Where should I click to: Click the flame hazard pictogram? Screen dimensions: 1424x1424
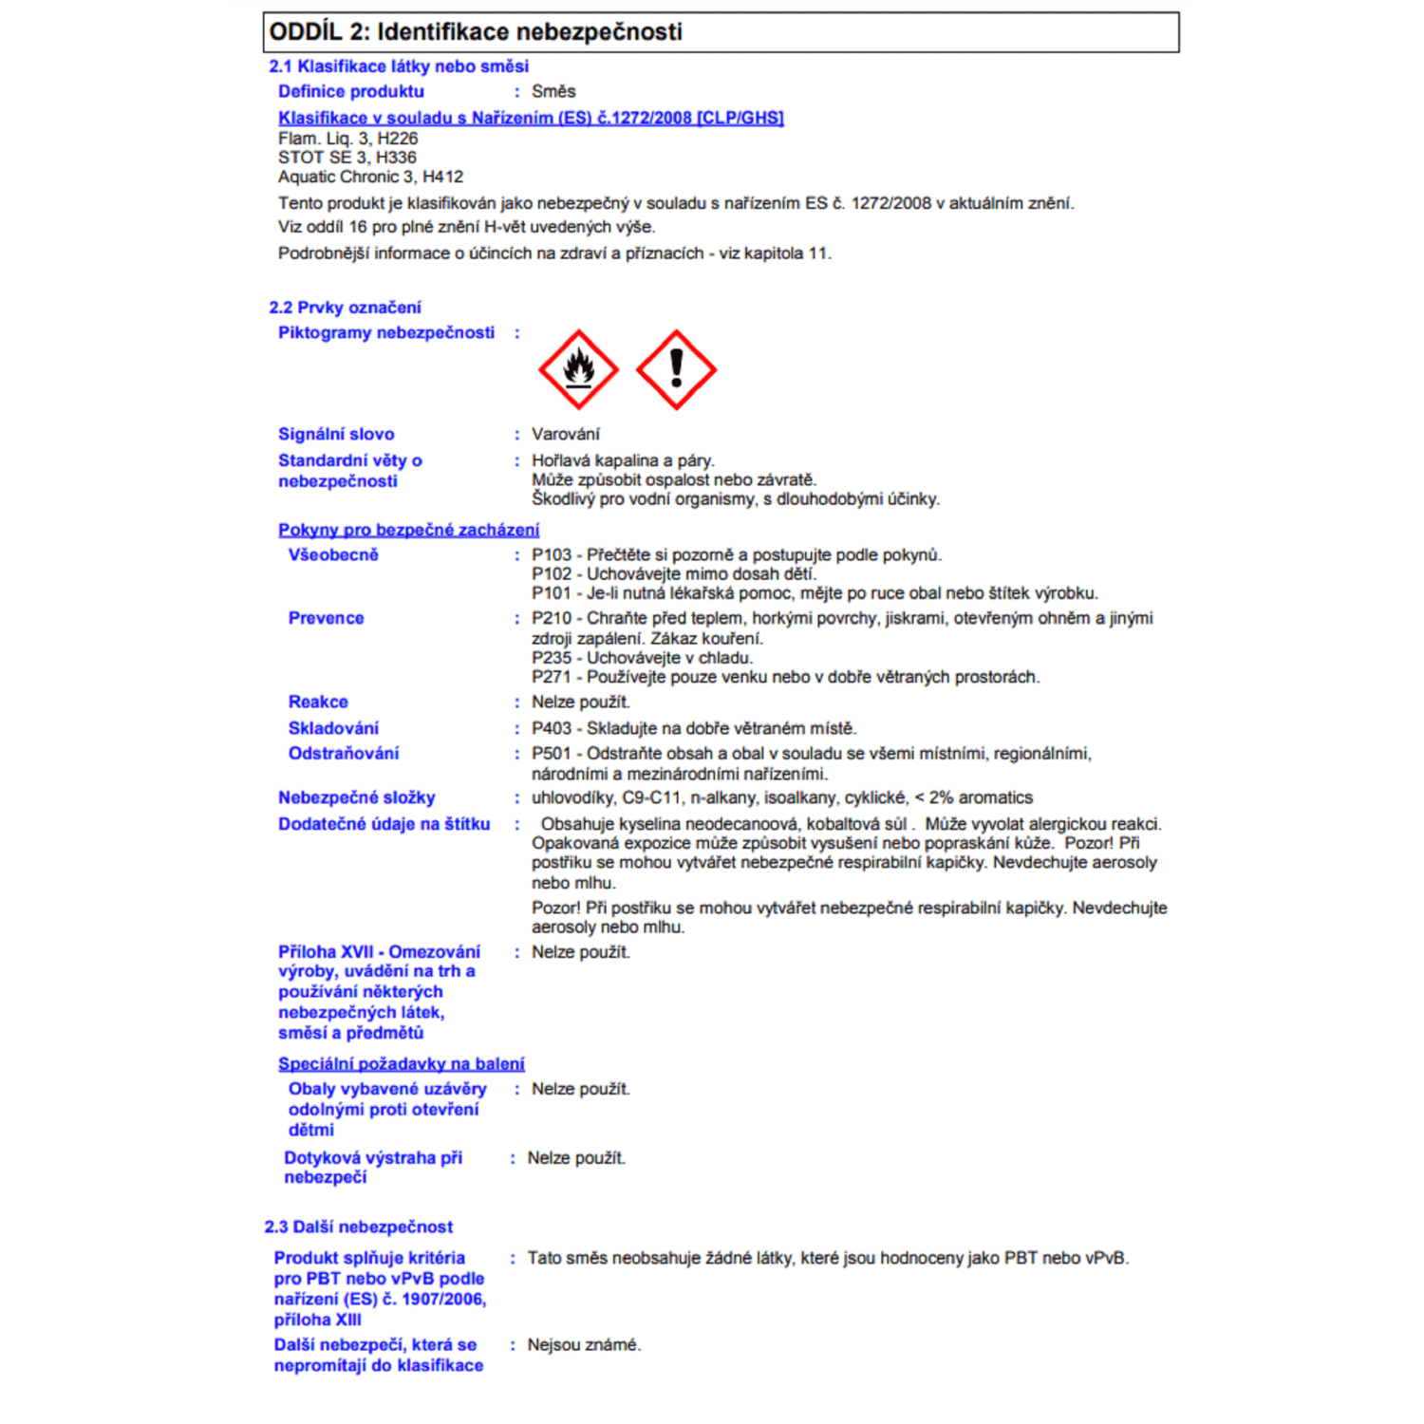point(578,369)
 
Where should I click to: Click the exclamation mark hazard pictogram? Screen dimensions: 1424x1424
point(676,369)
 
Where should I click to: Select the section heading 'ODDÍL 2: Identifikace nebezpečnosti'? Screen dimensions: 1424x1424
point(476,31)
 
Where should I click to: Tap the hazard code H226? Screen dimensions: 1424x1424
point(398,139)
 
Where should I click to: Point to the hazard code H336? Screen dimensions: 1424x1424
point(396,158)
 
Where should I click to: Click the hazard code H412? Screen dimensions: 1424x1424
point(442,177)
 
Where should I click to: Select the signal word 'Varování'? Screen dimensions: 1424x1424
point(566,434)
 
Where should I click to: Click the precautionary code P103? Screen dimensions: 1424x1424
point(552,554)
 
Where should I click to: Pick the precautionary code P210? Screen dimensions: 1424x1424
point(552,618)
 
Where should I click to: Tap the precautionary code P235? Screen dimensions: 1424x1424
point(552,658)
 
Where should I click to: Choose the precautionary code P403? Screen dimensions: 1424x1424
point(552,728)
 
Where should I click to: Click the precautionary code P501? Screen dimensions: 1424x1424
point(552,753)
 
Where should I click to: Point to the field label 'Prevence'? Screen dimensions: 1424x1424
point(326,618)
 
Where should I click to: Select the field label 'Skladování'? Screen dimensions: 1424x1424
point(333,728)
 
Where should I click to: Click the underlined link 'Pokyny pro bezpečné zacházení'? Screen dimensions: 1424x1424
point(408,530)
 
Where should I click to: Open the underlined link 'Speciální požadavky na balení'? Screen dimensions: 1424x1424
point(401,1063)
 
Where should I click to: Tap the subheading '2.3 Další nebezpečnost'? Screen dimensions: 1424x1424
point(358,1227)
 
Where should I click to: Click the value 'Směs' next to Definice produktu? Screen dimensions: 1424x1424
point(553,91)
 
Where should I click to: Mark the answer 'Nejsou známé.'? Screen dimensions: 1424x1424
point(584,1344)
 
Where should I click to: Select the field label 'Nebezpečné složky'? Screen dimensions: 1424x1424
point(356,797)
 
